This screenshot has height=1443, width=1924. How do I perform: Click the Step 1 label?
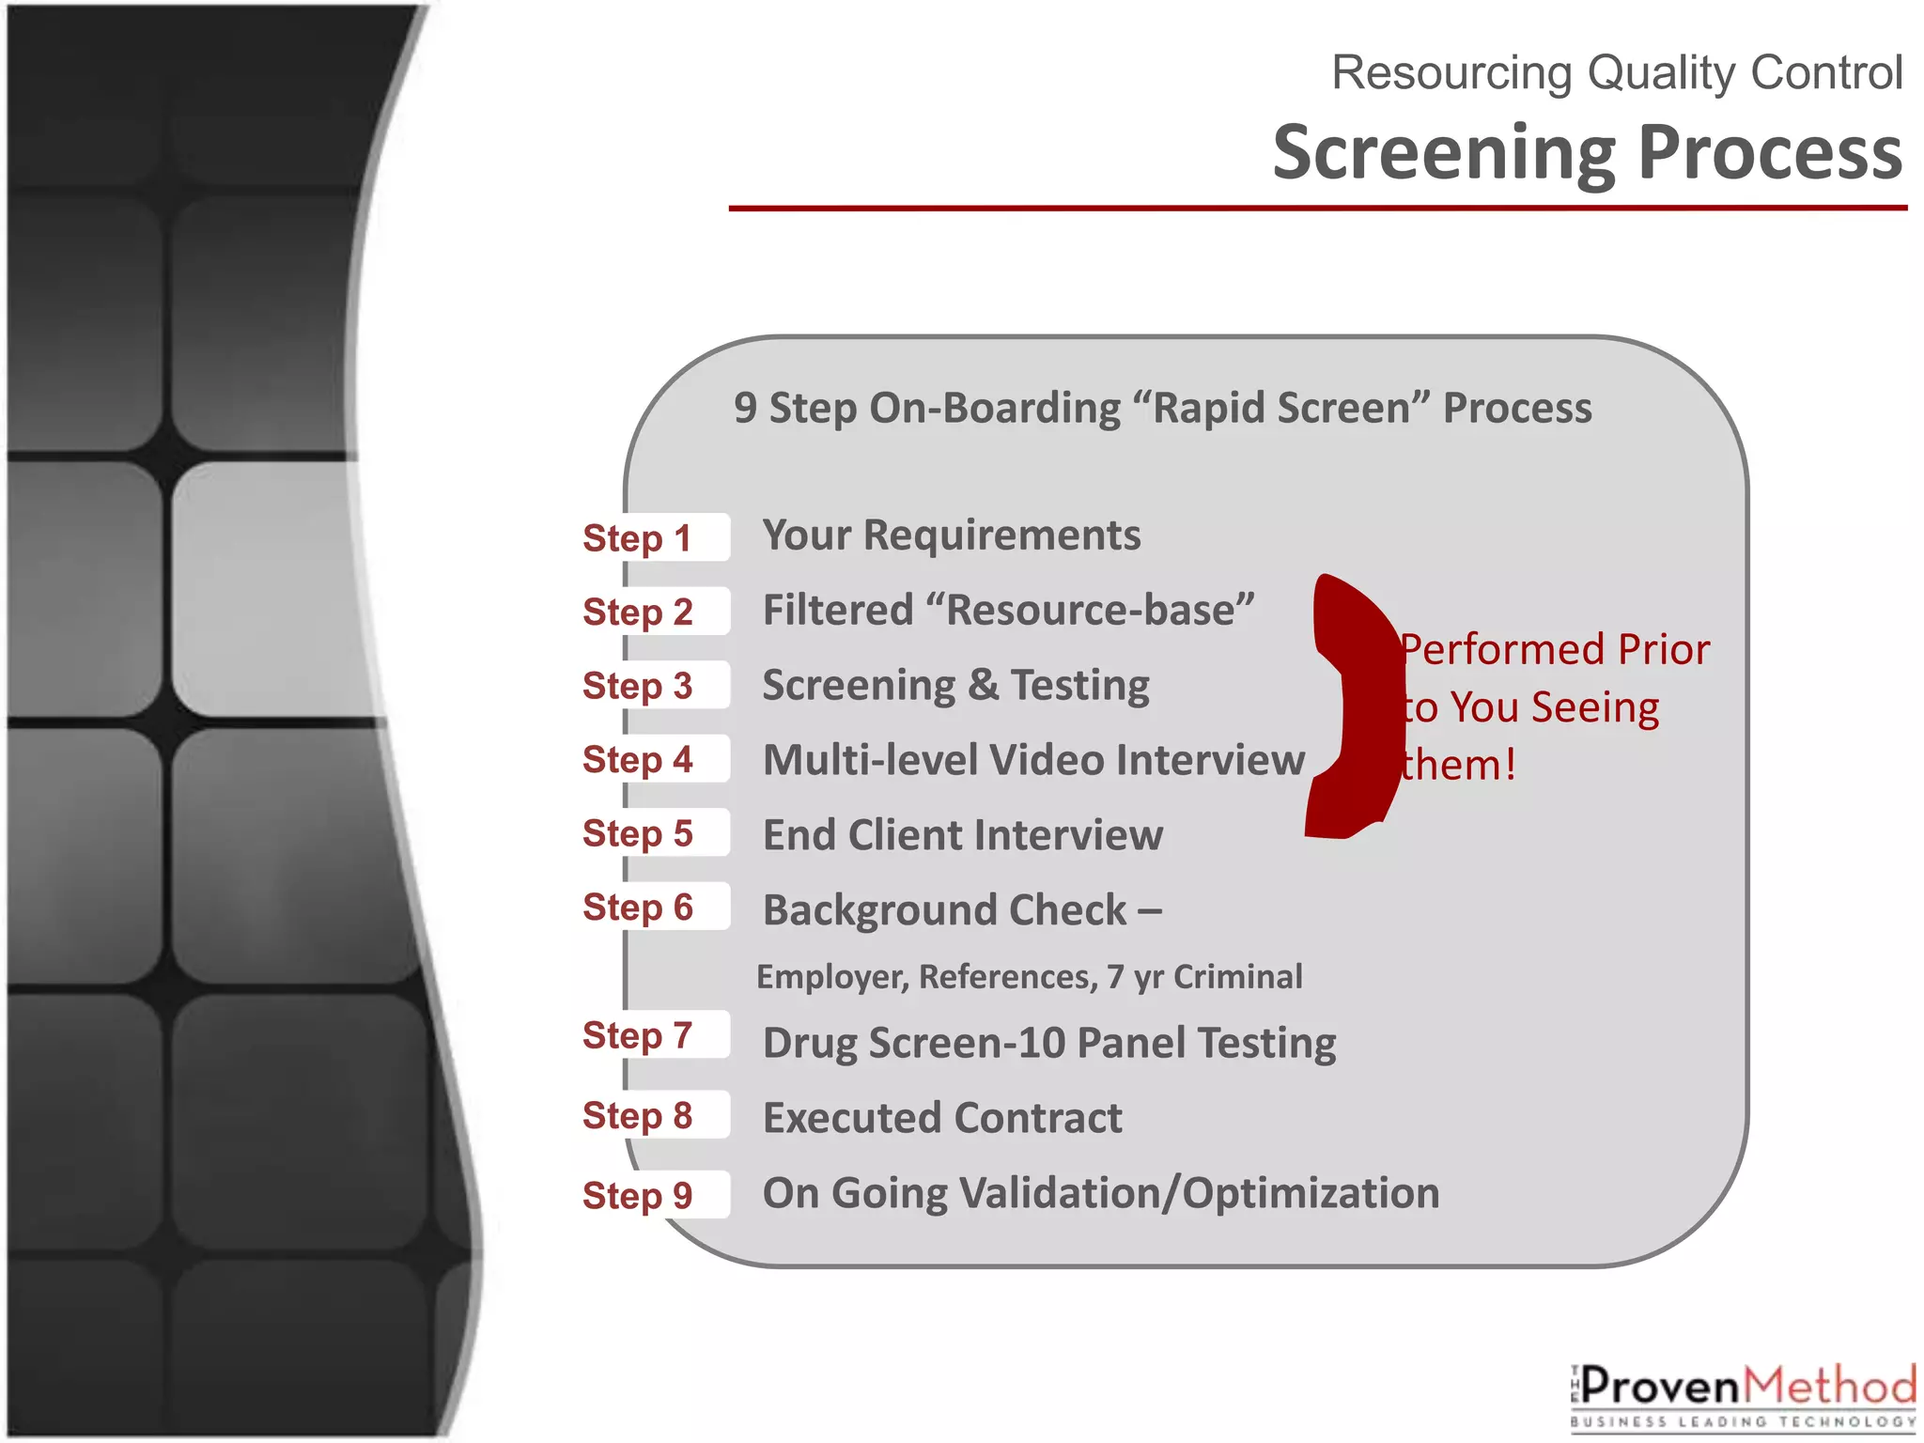(638, 538)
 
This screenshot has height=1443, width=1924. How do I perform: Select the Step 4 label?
(638, 759)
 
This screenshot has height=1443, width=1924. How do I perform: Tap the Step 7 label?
(638, 1035)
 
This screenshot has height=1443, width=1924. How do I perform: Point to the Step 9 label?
(638, 1195)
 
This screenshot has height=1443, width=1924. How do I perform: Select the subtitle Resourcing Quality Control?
(1617, 72)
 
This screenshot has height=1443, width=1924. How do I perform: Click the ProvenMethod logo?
(1744, 1395)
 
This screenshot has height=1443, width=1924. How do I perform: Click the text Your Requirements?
(952, 535)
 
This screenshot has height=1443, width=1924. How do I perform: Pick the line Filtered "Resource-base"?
(1008, 611)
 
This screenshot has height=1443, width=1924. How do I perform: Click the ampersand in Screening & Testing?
(983, 685)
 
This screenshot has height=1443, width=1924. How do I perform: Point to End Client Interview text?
(963, 835)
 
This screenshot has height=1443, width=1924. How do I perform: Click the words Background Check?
(944, 910)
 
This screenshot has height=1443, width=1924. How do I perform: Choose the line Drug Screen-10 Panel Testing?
(1049, 1043)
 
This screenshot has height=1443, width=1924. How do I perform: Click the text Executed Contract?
(942, 1118)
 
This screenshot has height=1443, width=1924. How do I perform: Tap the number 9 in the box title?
(745, 408)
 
